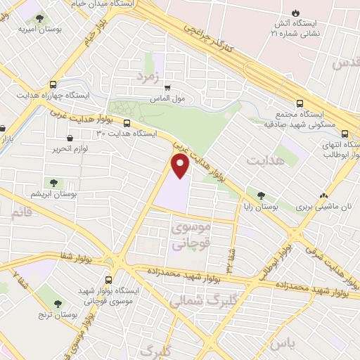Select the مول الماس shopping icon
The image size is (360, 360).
point(167,89)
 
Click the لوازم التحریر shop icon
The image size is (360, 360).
point(70,139)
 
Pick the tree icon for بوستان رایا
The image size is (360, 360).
point(262,195)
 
